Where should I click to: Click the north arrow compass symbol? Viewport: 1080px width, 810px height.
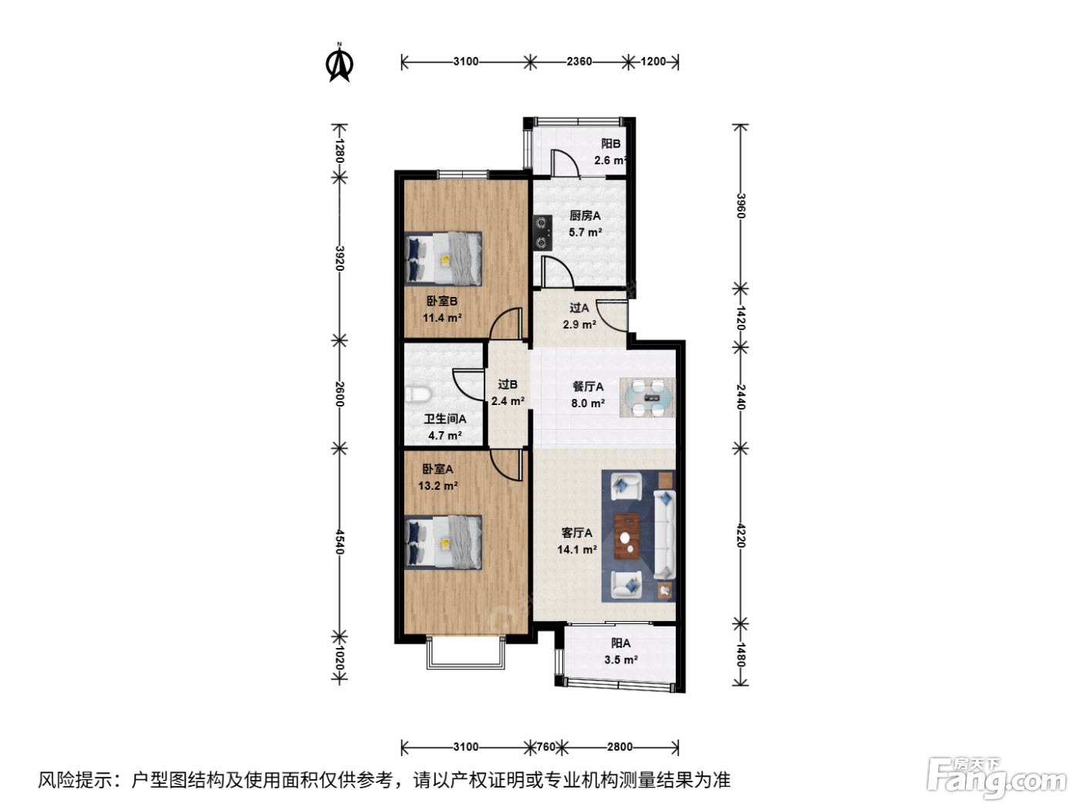pos(339,63)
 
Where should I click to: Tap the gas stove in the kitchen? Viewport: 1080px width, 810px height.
pos(542,232)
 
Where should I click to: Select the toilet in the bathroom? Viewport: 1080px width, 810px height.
pos(418,394)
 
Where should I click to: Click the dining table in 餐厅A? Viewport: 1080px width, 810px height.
pos(646,397)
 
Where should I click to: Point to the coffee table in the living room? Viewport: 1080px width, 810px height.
pos(626,536)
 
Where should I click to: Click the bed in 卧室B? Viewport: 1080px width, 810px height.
pos(443,258)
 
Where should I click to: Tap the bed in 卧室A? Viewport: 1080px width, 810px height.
pos(443,542)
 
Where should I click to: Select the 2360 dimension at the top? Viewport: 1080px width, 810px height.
pos(579,62)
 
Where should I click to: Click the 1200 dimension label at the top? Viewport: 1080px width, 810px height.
pos(653,62)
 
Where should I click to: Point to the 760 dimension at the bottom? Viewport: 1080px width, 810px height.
pos(545,747)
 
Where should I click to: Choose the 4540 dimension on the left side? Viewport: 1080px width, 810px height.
pos(339,542)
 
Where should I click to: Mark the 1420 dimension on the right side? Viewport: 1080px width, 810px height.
pos(741,318)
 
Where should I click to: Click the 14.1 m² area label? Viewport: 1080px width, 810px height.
pos(577,549)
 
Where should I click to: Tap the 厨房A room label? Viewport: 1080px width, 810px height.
pos(585,215)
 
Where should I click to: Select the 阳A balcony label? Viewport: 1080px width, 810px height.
pos(620,643)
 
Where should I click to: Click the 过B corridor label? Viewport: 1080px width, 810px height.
pos(508,385)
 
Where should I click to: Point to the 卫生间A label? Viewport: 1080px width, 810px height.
pos(445,419)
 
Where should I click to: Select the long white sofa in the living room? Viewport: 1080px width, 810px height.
pos(664,535)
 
